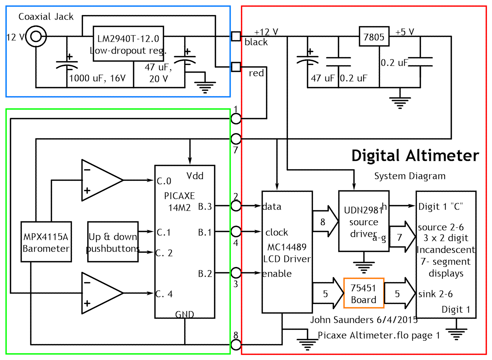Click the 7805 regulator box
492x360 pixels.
point(374,37)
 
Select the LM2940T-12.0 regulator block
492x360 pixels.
point(128,44)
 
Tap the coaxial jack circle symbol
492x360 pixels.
point(36,37)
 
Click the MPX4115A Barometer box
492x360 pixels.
point(46,242)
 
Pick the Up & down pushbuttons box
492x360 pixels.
point(113,242)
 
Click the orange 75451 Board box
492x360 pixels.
point(364,293)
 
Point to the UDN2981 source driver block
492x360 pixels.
point(364,221)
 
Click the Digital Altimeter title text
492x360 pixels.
point(415,156)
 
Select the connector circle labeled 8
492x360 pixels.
point(236,345)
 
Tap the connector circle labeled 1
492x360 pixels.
point(236,119)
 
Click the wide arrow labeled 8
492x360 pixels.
point(325,222)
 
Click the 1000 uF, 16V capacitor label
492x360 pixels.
point(98,78)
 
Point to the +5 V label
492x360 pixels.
point(405,32)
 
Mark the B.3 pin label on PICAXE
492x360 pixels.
point(205,206)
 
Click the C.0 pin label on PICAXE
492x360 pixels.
point(164,181)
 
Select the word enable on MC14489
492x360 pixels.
point(277,274)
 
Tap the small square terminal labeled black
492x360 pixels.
point(236,37)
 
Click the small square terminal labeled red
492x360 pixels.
point(236,67)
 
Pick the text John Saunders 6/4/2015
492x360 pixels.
point(364,319)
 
